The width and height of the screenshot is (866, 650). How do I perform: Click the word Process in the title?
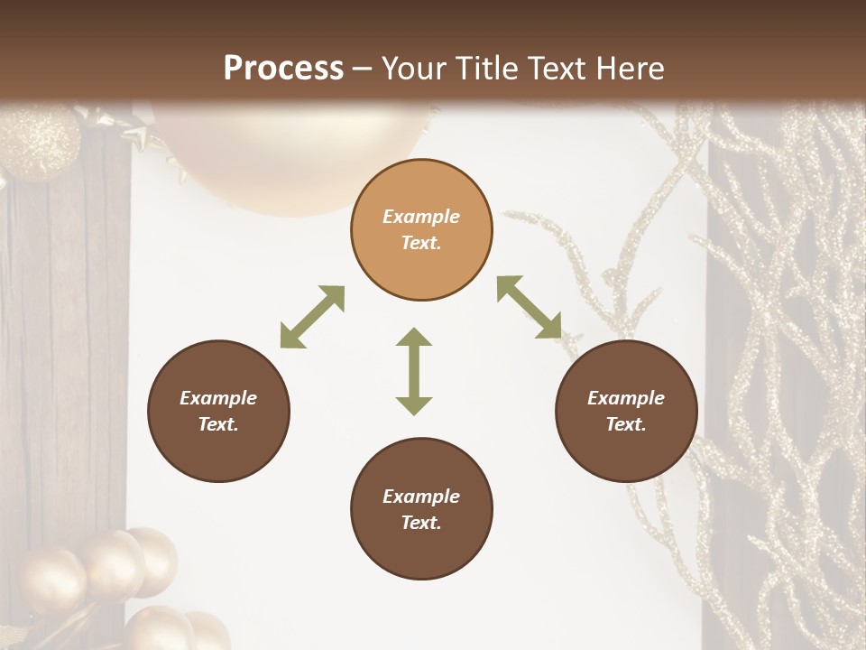pyautogui.click(x=283, y=69)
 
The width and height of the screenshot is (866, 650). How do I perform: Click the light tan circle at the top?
pyautogui.click(x=421, y=230)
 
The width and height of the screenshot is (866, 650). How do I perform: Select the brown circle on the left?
pyautogui.click(x=218, y=412)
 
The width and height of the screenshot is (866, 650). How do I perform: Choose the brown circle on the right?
pyautogui.click(x=626, y=412)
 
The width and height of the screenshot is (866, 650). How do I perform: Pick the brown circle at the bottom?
pyautogui.click(x=421, y=509)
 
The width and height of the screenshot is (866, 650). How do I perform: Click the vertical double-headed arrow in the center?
pyautogui.click(x=414, y=371)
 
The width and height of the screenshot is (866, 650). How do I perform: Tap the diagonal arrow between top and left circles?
pyautogui.click(x=312, y=317)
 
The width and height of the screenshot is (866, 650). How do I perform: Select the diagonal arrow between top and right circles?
pyautogui.click(x=529, y=308)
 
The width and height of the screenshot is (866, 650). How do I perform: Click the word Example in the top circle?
pyautogui.click(x=421, y=217)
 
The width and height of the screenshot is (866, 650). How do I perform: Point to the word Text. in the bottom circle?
pyautogui.click(x=421, y=523)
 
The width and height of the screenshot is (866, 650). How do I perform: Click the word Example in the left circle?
pyautogui.click(x=218, y=398)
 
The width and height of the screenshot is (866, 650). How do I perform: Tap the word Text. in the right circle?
pyautogui.click(x=626, y=424)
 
